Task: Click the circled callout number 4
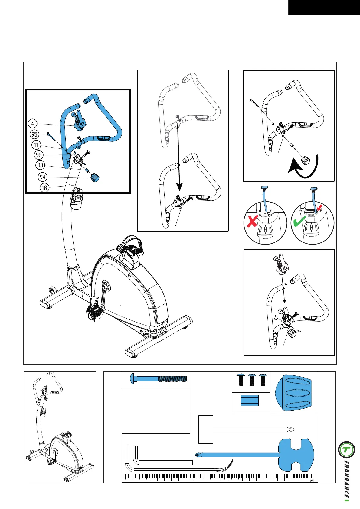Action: click(x=33, y=123)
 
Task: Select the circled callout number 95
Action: click(x=34, y=135)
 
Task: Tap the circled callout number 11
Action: click(x=36, y=145)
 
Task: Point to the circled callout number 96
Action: click(x=38, y=155)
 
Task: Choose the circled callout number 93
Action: click(x=40, y=165)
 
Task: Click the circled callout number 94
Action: click(x=42, y=177)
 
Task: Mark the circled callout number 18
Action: click(x=44, y=188)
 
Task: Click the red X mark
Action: click(x=252, y=221)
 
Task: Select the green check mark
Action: click(x=300, y=221)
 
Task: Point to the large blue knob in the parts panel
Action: click(x=293, y=393)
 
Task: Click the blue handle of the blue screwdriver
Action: click(x=296, y=455)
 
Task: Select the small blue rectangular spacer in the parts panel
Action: click(x=249, y=400)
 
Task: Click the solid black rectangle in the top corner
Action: click(x=324, y=8)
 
